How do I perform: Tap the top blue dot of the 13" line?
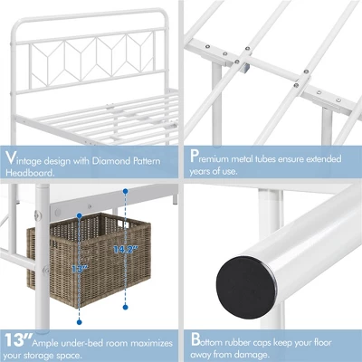pyautogui.click(x=80, y=217)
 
